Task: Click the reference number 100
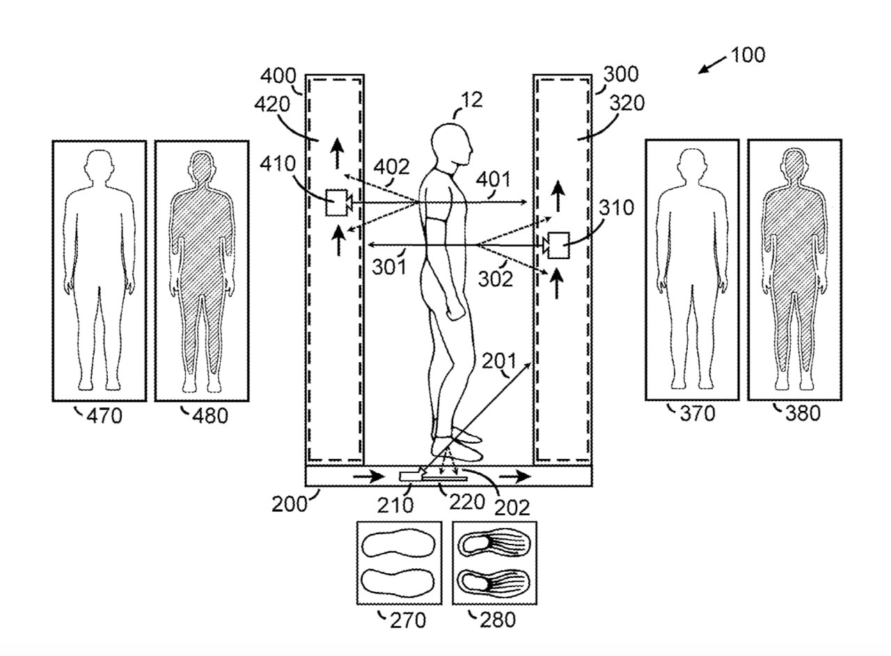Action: click(x=748, y=55)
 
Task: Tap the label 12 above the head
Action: click(x=471, y=100)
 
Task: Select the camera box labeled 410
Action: click(x=338, y=203)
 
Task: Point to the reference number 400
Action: click(x=281, y=76)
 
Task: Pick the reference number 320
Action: click(x=626, y=103)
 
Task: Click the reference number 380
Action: click(x=803, y=414)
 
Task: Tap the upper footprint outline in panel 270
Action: click(x=398, y=544)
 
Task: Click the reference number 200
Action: click(x=289, y=503)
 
